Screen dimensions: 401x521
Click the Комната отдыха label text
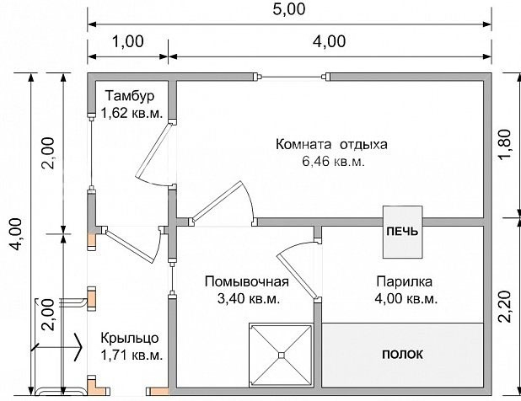point(331,144)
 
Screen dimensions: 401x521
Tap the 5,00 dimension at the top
point(288,9)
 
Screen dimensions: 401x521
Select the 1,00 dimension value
point(127,41)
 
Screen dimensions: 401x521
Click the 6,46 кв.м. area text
point(331,162)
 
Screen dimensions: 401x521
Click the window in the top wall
point(291,78)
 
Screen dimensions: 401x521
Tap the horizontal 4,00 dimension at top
point(329,41)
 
